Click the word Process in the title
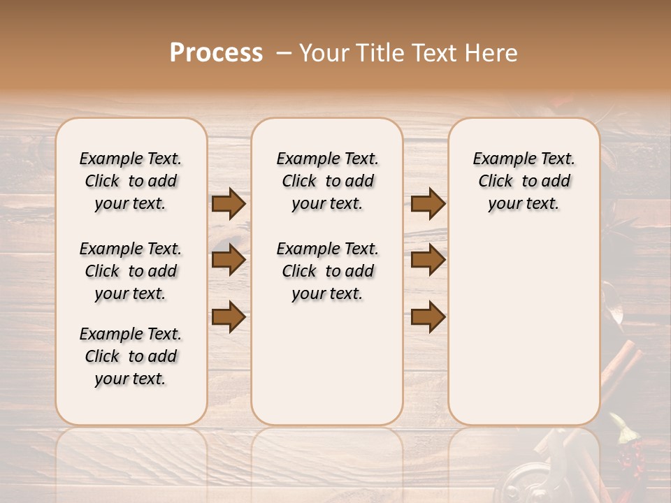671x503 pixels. click(216, 53)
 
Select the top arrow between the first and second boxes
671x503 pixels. click(229, 204)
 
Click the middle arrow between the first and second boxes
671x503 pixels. click(229, 261)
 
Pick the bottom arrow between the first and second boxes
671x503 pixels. click(229, 316)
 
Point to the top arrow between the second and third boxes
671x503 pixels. click(428, 204)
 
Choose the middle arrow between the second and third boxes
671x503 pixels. click(428, 261)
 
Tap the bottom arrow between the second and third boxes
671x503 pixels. click(428, 316)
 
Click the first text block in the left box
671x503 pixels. click(131, 181)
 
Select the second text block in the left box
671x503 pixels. click(131, 271)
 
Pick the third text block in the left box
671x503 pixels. click(131, 356)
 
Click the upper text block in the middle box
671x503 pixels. click(327, 181)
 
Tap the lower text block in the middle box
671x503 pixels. click(327, 271)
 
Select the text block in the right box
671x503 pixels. click(524, 181)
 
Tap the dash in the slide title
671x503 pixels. click(283, 53)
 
